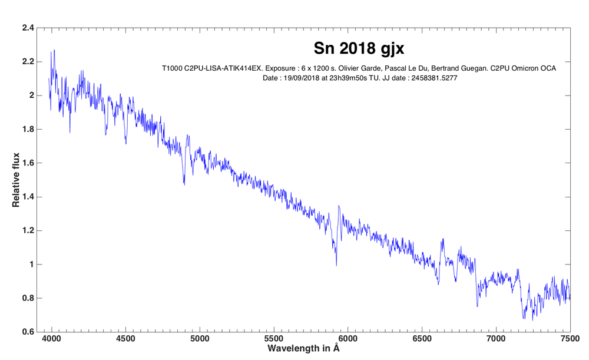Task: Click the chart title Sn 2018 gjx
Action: coord(359,48)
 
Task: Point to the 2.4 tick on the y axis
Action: coord(28,28)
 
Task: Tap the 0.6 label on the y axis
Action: coord(28,332)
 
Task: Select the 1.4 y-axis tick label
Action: coord(28,197)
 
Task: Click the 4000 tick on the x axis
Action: coord(51,339)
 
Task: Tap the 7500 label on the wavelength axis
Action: coord(570,339)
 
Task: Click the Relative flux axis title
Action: coord(16,180)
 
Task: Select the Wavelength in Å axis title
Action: coord(303,349)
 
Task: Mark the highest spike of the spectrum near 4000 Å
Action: coord(54,51)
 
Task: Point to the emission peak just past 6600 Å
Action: coord(443,240)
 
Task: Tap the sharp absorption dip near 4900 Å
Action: coord(184,184)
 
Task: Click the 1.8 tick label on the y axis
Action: coord(28,129)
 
